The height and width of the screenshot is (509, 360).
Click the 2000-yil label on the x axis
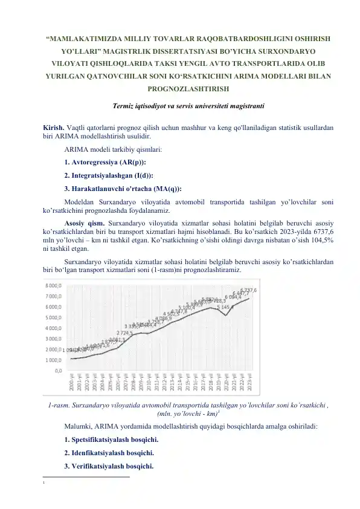[x=72, y=384]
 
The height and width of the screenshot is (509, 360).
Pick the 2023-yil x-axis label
[x=249, y=384]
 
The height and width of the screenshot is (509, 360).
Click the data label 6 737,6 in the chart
[x=249, y=291]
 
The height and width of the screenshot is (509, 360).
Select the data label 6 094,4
[x=233, y=297]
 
